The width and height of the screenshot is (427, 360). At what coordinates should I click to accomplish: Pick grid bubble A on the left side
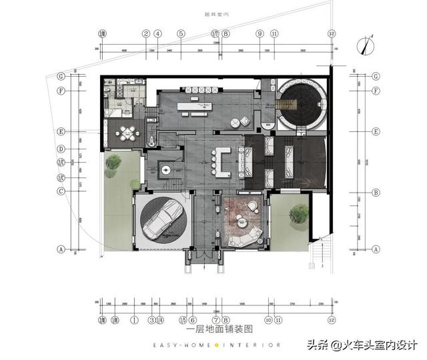click(x=61, y=249)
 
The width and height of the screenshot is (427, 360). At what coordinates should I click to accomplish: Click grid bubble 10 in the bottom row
click(x=268, y=320)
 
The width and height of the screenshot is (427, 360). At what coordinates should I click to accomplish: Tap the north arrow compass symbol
click(x=364, y=45)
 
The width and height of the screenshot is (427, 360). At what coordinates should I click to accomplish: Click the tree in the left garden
click(x=113, y=162)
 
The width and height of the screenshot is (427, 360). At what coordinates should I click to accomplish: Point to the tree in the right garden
click(x=298, y=213)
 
